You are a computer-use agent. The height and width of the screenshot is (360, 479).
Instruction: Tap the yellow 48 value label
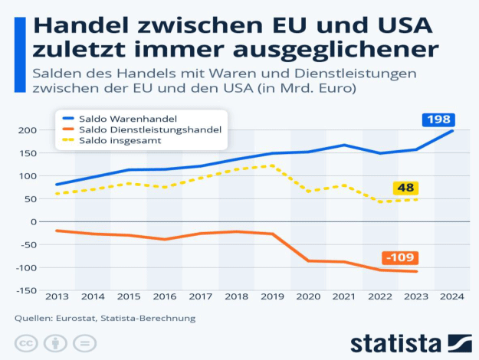coord(405,188)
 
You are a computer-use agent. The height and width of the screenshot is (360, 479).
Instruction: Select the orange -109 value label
coord(399,257)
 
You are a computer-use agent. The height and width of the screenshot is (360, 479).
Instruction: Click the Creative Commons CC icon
coord(26,342)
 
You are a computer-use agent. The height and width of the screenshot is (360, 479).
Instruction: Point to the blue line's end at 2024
coord(452,131)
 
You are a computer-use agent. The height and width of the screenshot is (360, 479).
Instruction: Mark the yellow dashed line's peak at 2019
coord(272,165)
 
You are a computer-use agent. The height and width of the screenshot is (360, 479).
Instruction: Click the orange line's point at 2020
coord(308,260)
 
